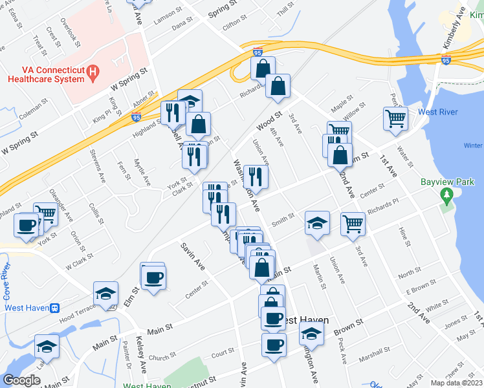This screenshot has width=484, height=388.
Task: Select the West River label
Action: pos(438,112)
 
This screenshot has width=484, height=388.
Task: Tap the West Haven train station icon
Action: pos(56,308)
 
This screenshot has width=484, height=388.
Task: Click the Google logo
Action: pos(21,380)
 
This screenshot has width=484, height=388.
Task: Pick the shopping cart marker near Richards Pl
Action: pos(353,223)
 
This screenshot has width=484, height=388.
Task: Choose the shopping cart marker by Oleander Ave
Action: pos(45,213)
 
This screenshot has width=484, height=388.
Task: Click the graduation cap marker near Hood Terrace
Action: pos(105,293)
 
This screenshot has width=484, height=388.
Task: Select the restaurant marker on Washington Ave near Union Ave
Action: pos(256,177)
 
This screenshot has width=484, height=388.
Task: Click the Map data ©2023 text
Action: pos(456,383)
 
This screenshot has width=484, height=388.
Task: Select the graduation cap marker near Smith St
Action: pos(317,223)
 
